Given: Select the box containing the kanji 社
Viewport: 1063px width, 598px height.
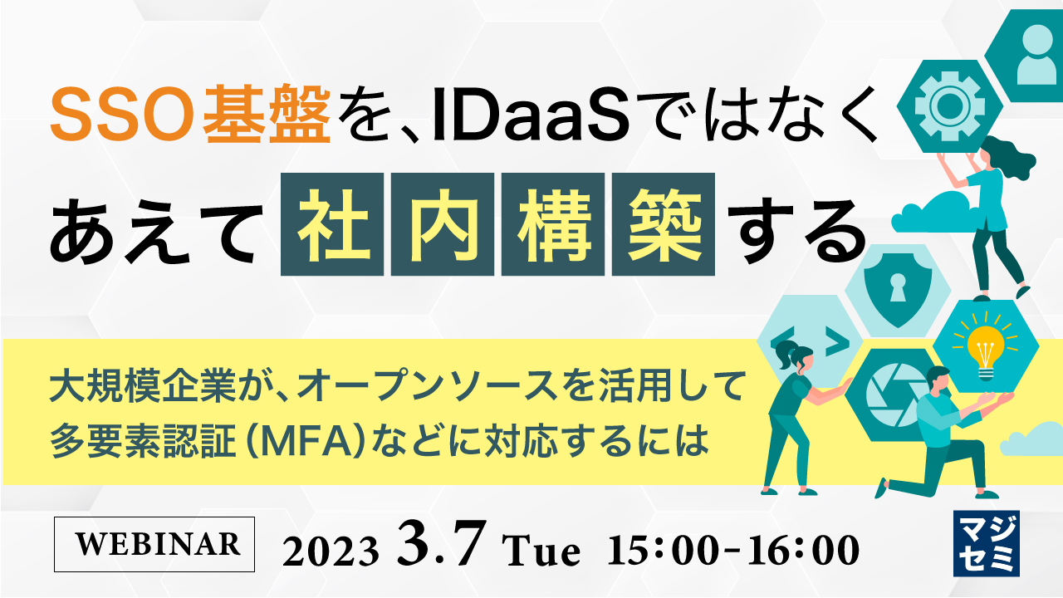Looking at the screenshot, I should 331,224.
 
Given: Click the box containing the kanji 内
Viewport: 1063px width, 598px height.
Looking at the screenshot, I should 442,224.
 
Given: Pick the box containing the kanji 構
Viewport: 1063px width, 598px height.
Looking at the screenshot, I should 552,224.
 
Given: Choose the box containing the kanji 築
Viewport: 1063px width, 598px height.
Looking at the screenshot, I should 663,224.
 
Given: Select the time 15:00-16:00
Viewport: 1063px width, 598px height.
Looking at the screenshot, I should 733,549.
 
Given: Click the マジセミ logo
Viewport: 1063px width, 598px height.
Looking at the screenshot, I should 987,545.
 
